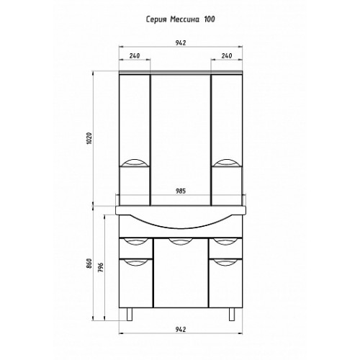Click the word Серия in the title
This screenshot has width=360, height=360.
(156, 19)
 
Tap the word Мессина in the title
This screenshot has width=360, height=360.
(184, 19)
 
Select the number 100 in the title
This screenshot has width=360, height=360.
(210, 19)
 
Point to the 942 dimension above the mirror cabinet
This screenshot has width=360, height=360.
(181, 43)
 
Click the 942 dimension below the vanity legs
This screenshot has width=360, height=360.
(181, 329)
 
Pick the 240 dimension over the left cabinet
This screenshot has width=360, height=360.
(135, 55)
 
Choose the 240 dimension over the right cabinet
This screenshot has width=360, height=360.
(227, 55)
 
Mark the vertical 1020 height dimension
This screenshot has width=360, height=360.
(89, 139)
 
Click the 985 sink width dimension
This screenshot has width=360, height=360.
(181, 191)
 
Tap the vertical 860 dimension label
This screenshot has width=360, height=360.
(89, 264)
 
